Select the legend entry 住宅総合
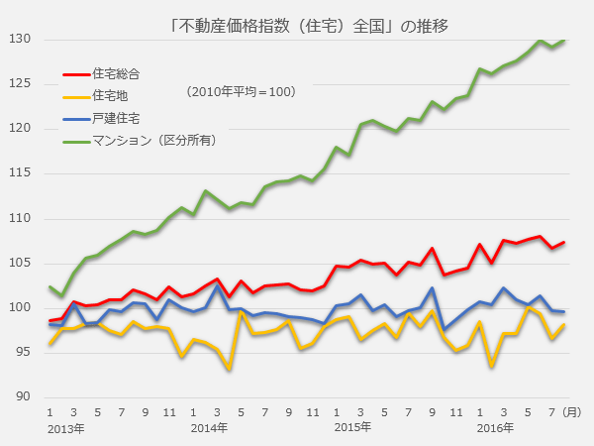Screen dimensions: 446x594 click(116, 73)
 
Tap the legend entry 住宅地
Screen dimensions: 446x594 click(109, 95)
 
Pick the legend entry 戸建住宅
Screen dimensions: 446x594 click(116, 118)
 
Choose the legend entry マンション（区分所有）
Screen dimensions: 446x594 click(153, 140)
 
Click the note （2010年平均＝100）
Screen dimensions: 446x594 click(241, 91)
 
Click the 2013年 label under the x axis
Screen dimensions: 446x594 click(63, 427)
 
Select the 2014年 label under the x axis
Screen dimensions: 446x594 click(209, 427)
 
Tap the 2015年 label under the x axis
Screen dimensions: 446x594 click(352, 427)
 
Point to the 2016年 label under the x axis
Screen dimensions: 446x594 click(496, 427)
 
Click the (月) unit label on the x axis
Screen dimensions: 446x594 click(572, 410)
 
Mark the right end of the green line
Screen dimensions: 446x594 click(564, 41)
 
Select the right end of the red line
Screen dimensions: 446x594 click(564, 243)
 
